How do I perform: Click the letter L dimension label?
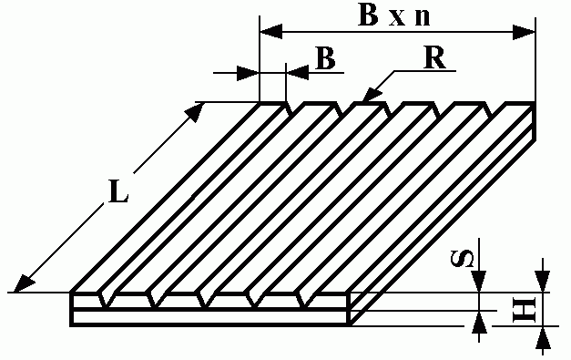click(118, 191)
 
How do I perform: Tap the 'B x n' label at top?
click(394, 15)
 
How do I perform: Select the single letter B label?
click(325, 57)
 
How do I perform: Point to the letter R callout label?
click(434, 57)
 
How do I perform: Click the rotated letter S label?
click(463, 258)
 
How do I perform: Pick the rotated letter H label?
click(525, 309)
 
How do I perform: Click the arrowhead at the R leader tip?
click(372, 95)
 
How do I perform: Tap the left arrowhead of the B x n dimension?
click(271, 32)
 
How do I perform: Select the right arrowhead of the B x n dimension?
click(524, 32)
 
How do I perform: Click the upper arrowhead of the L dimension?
click(195, 112)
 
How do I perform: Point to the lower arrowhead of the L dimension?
click(24, 283)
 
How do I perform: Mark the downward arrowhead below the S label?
click(479, 281)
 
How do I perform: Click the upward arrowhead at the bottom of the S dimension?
click(479, 322)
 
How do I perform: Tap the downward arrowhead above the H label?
click(543, 281)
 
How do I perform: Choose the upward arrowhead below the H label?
click(543, 337)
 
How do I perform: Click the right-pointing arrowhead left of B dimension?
click(248, 73)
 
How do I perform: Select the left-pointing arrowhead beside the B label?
click(298, 73)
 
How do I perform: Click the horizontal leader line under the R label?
click(425, 71)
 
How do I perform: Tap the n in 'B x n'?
click(423, 18)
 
